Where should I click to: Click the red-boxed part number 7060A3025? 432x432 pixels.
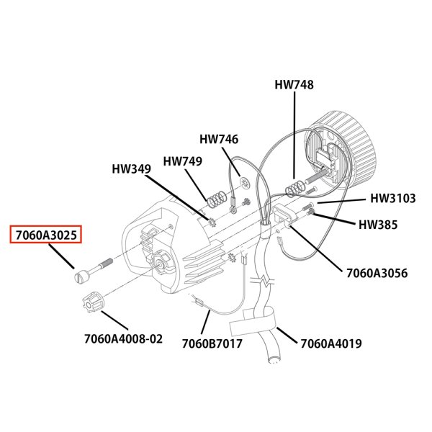click(45, 235)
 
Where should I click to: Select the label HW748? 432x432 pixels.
click(294, 84)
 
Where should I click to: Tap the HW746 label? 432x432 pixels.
click(219, 139)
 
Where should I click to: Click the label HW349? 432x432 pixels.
click(131, 170)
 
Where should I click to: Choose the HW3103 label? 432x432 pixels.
click(392, 198)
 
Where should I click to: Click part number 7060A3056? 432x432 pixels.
click(377, 274)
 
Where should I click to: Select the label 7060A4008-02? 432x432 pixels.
click(123, 338)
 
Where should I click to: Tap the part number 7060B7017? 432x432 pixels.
click(212, 343)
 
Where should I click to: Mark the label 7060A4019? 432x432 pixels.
click(330, 343)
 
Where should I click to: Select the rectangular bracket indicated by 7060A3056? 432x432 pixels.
click(282, 215)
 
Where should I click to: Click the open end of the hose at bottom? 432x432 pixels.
click(274, 358)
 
